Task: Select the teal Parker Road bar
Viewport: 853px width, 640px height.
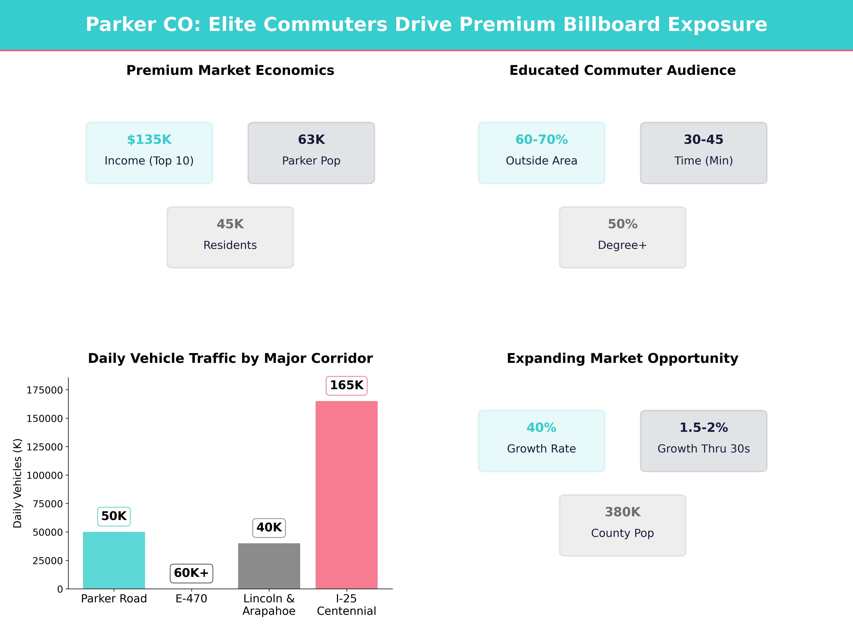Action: [x=114, y=560]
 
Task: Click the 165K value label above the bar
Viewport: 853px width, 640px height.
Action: [x=346, y=385]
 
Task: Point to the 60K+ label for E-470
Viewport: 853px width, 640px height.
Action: [x=191, y=573]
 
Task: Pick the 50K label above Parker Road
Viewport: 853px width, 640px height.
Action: [x=114, y=516]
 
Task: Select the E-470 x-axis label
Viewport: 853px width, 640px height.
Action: [x=191, y=599]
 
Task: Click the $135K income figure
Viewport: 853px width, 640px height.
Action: [x=149, y=140]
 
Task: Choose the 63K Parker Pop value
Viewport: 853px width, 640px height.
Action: [x=311, y=140]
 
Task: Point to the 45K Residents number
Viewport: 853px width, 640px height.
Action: [x=230, y=224]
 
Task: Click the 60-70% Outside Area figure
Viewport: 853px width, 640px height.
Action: [x=541, y=140]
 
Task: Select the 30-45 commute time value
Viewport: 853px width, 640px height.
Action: [x=703, y=140]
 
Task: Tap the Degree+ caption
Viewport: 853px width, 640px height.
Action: [x=622, y=245]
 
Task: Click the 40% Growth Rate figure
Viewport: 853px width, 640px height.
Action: [x=541, y=428]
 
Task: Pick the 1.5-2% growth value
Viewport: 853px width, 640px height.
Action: [x=703, y=428]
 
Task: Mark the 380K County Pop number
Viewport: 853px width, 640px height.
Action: [x=622, y=512]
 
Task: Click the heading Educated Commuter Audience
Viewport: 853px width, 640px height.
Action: [x=622, y=71]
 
